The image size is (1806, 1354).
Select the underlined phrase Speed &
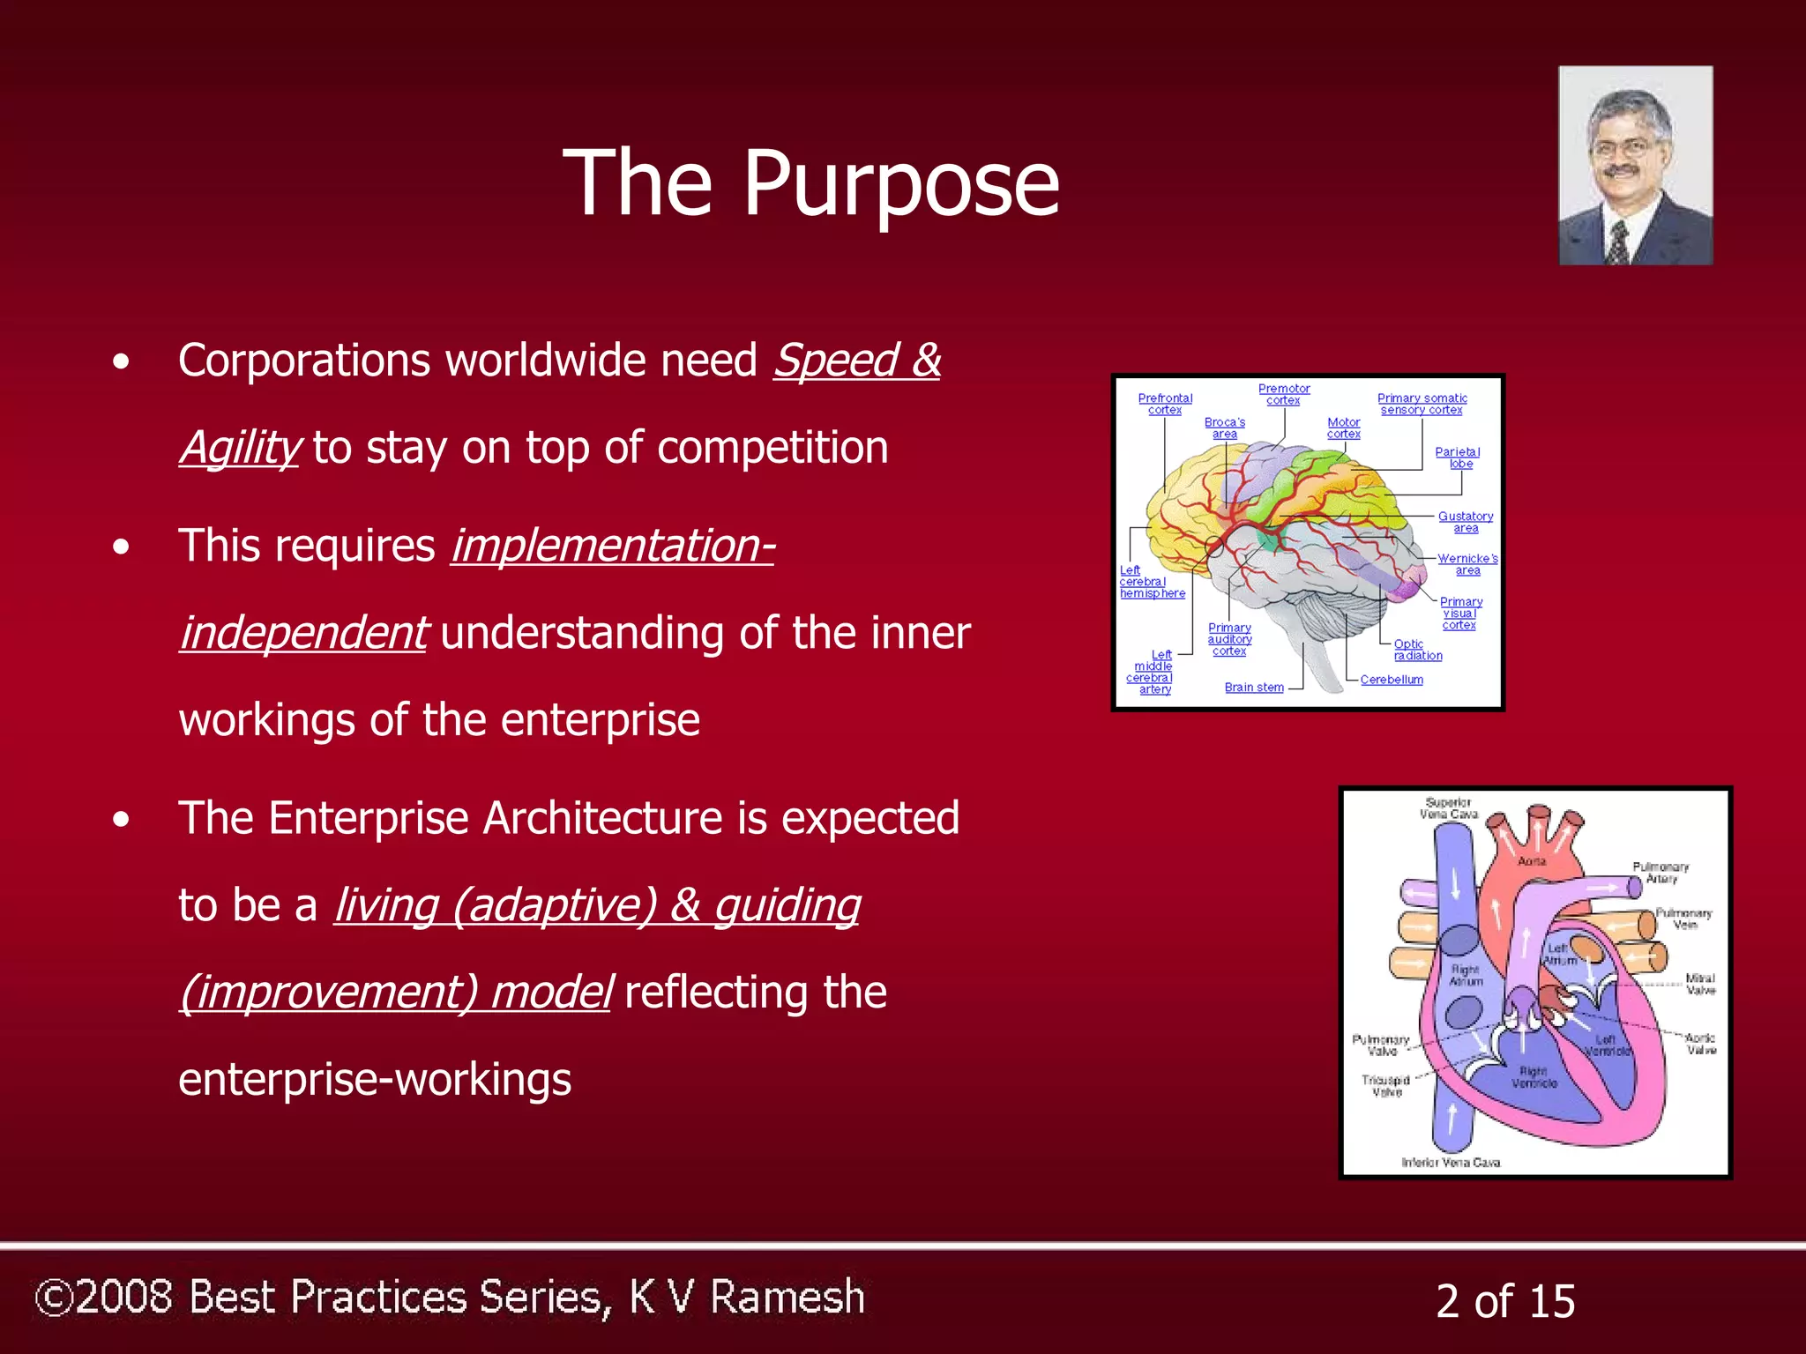tap(857, 361)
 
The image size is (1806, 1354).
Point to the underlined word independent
tap(303, 633)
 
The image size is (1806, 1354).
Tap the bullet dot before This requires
tap(121, 547)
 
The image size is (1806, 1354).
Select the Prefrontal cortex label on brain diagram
tap(1165, 404)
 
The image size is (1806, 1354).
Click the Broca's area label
tap(1225, 428)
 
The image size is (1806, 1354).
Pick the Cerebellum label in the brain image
tap(1392, 680)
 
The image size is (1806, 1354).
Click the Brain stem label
tap(1254, 688)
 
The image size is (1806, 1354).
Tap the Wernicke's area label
tap(1467, 564)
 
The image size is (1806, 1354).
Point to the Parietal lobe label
tap(1458, 458)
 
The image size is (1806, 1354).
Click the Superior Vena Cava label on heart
tap(1449, 808)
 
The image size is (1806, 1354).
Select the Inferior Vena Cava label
tap(1451, 1163)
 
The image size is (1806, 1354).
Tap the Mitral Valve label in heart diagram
tap(1701, 984)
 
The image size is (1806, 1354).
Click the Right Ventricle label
tap(1534, 1077)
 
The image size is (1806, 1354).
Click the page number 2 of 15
tap(1505, 1301)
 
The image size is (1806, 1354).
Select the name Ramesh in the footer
tap(787, 1297)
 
